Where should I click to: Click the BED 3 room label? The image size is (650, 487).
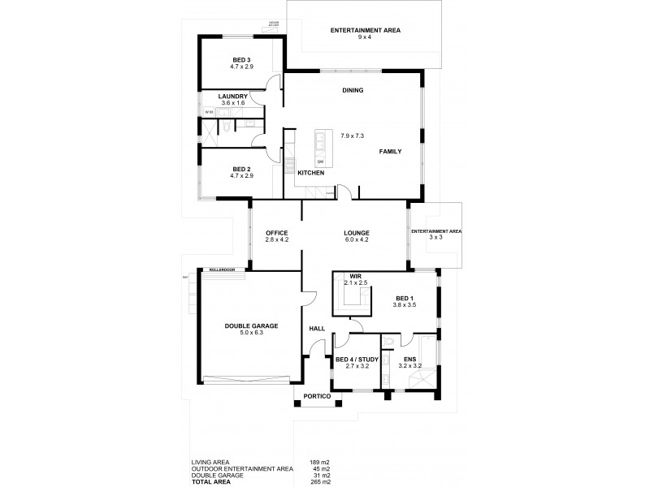pyautogui.click(x=242, y=59)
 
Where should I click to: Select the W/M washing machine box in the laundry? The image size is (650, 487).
pyautogui.click(x=208, y=112)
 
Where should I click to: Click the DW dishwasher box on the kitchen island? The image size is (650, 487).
pyautogui.click(x=320, y=162)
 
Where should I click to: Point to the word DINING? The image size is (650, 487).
pyautogui.click(x=352, y=90)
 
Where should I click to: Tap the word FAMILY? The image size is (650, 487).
pyautogui.click(x=390, y=152)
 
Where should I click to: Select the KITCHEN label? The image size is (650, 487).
pyautogui.click(x=310, y=174)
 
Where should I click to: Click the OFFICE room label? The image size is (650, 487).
pyautogui.click(x=278, y=232)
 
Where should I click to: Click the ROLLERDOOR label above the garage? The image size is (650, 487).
pyautogui.click(x=221, y=269)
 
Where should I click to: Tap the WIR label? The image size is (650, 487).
pyautogui.click(x=355, y=276)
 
